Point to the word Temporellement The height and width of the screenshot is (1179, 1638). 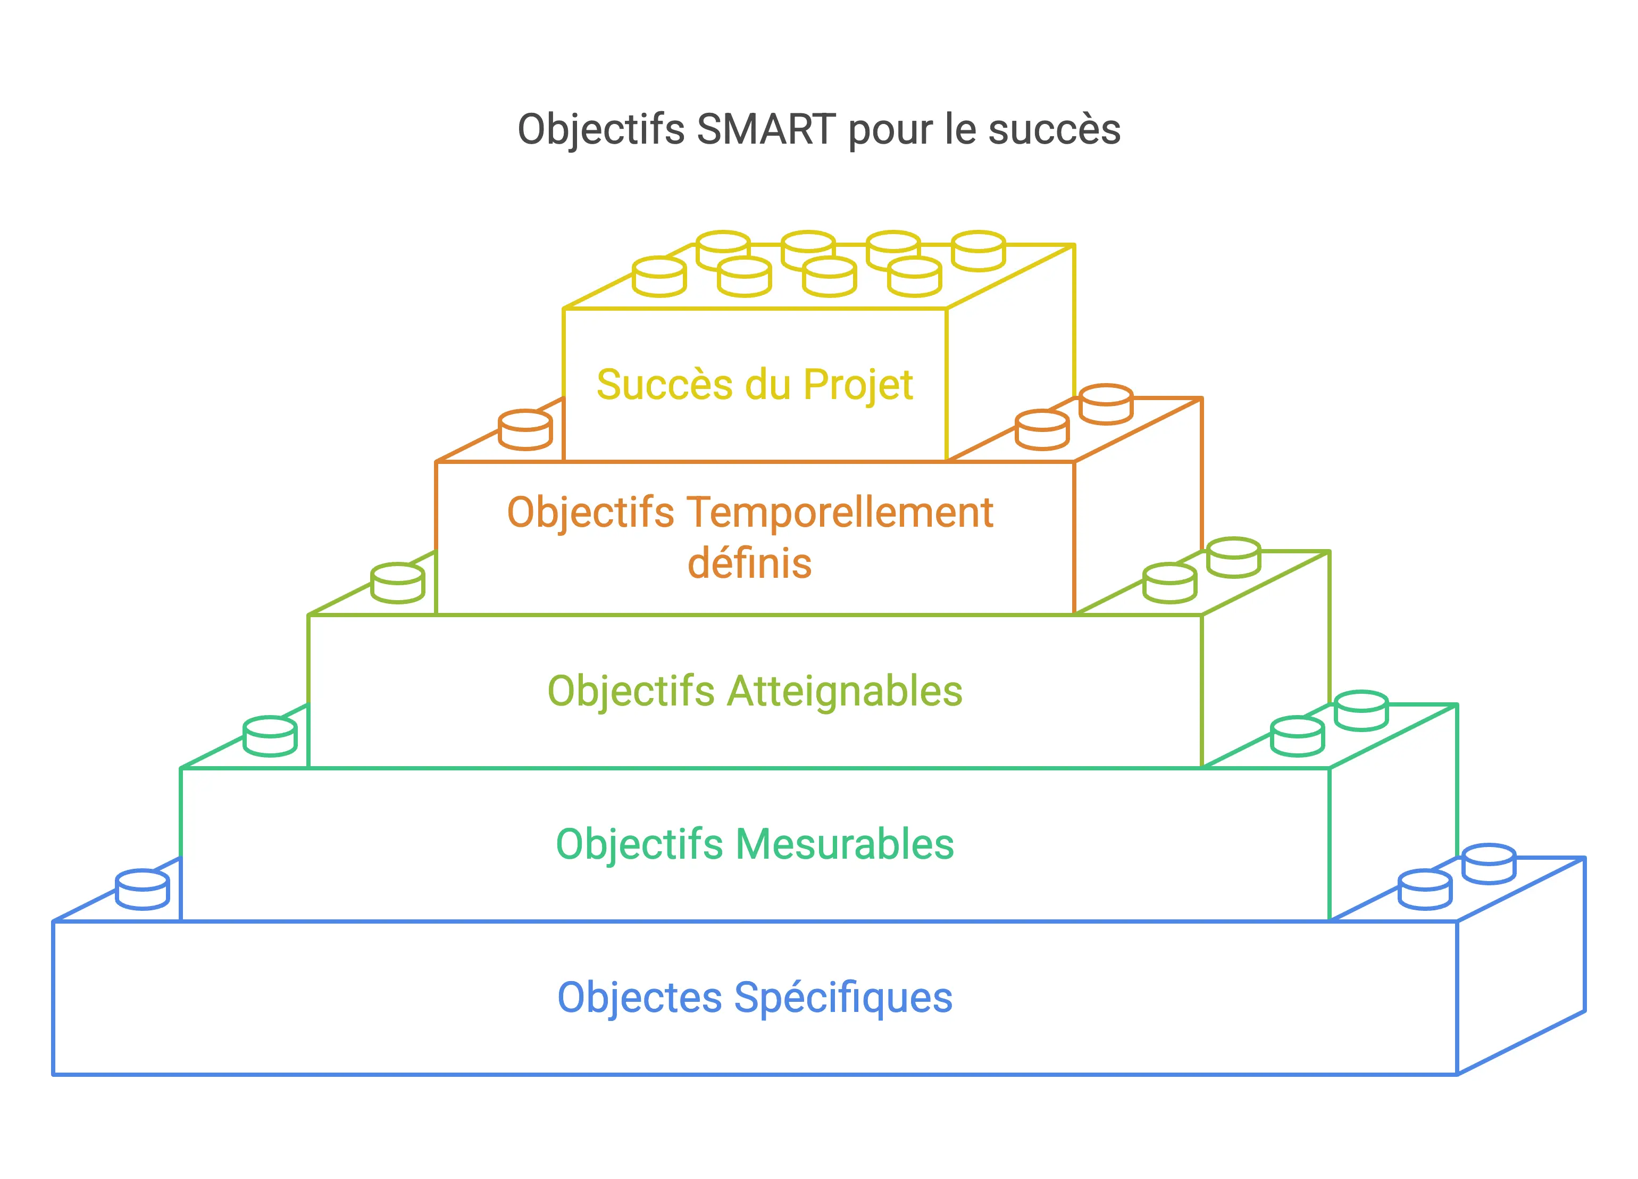tap(841, 513)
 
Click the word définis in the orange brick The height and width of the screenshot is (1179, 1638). tap(750, 563)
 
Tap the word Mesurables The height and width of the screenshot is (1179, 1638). tap(845, 844)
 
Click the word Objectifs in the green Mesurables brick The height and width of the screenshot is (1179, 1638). tap(639, 844)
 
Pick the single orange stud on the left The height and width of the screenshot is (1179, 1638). tap(525, 430)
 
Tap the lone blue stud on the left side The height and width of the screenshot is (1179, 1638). tap(143, 890)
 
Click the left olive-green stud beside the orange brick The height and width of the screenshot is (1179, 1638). tap(397, 583)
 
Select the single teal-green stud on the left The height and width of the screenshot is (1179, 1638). tap(270, 736)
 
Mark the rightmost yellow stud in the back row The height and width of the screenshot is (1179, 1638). tap(979, 251)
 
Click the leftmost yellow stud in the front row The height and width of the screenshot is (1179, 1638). tap(659, 277)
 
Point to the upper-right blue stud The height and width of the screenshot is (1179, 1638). tap(1489, 864)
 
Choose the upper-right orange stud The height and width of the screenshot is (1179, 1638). tap(1106, 404)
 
